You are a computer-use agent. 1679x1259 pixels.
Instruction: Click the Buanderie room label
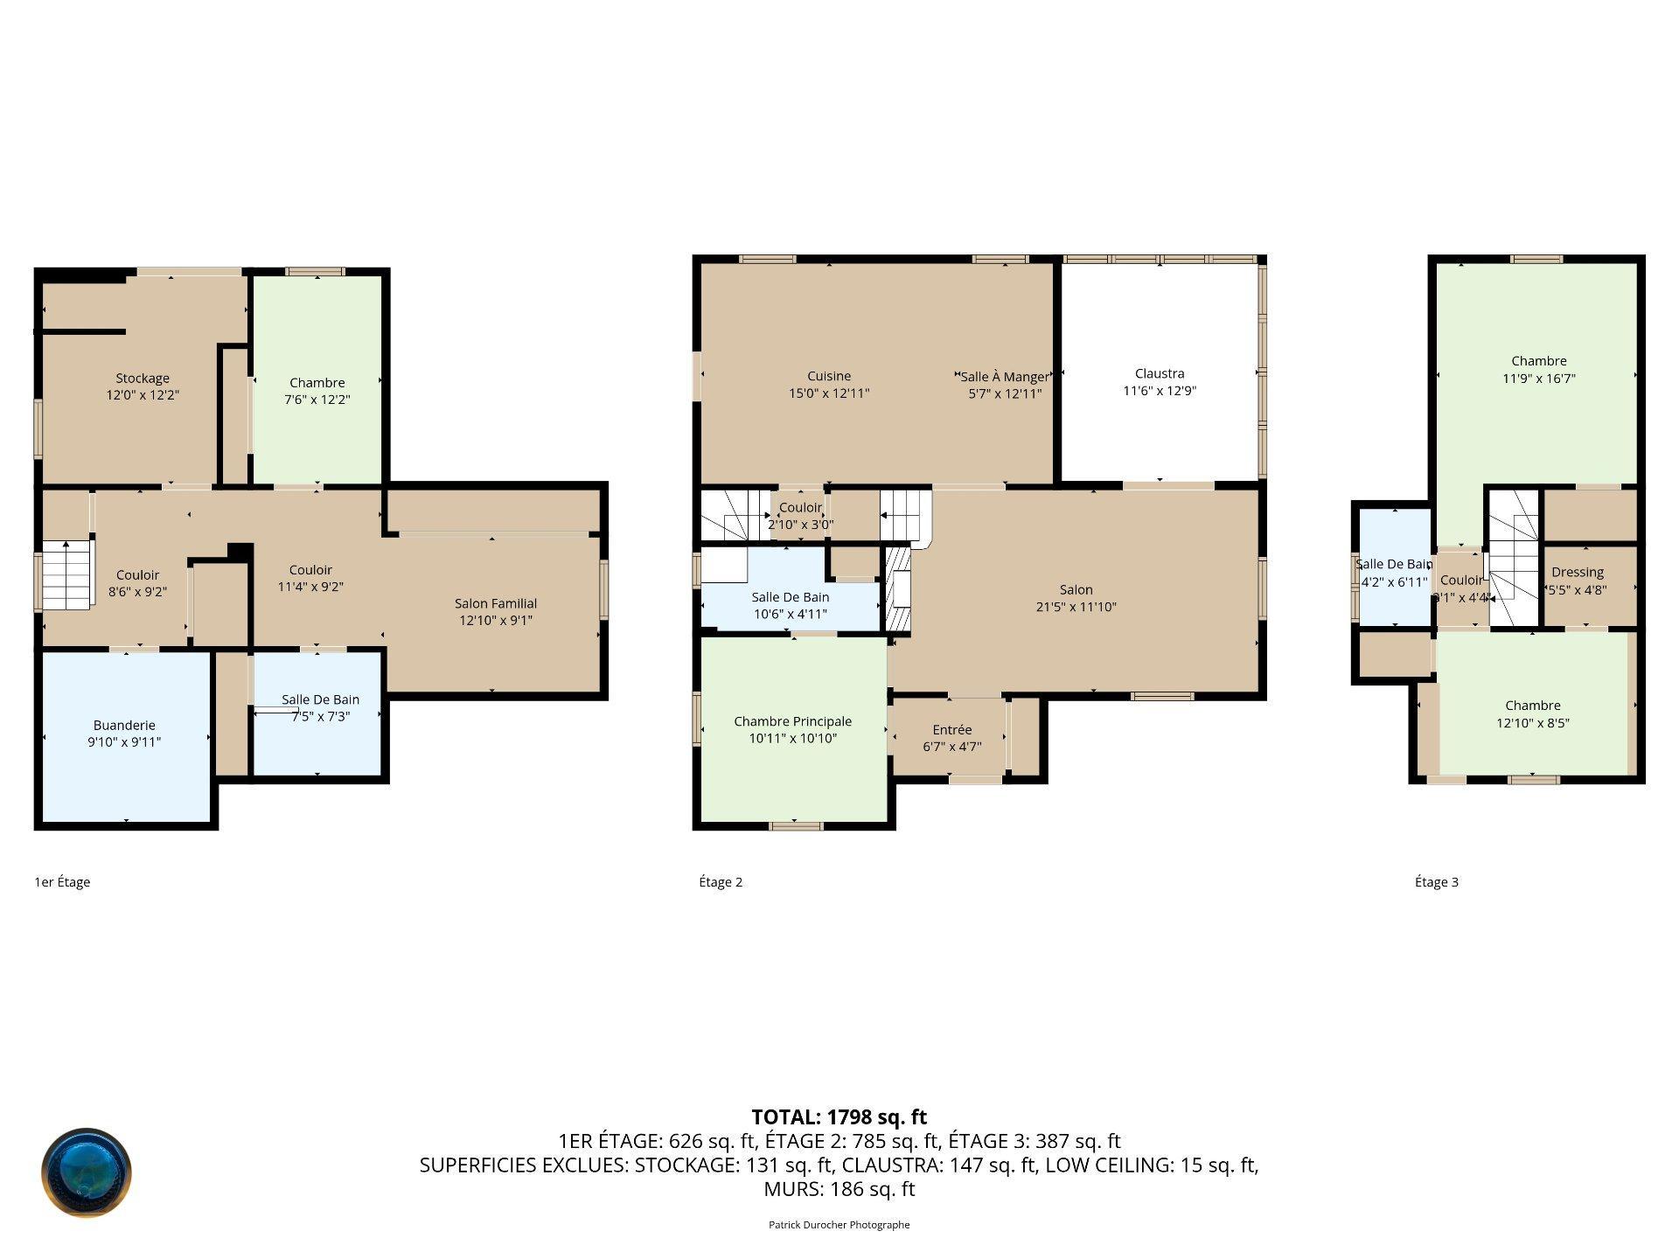124,725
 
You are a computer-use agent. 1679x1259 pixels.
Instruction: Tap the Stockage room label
143,379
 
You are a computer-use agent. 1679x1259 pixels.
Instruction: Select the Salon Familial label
496,603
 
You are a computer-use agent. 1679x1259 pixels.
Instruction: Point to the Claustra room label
1160,373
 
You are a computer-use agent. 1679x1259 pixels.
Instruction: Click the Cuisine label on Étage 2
829,376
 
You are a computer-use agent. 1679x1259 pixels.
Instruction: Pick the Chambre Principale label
793,721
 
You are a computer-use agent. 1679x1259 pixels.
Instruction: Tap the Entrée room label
952,729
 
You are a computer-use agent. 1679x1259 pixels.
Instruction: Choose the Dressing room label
1578,573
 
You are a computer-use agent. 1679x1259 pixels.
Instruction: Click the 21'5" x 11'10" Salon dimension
1076,607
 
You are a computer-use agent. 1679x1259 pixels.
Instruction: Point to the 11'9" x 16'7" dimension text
1539,379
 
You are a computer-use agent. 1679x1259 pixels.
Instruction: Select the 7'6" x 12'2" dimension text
317,400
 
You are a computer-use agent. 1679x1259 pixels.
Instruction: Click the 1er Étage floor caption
62,882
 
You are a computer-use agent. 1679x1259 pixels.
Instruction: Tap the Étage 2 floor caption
721,882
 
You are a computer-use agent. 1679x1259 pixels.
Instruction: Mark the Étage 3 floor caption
1437,882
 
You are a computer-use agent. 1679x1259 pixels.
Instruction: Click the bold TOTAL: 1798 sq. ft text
839,1117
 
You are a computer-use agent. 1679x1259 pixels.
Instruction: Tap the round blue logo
87,1172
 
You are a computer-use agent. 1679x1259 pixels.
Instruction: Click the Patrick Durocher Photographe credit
839,1225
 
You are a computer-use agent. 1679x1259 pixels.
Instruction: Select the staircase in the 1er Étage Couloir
67,575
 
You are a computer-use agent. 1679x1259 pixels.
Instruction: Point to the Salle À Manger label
1004,377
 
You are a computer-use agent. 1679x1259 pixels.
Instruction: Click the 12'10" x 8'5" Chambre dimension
1533,723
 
